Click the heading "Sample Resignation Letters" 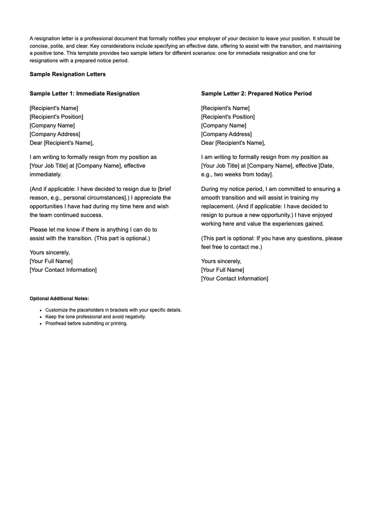[x=67, y=74]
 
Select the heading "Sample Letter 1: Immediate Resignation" [x=85, y=93]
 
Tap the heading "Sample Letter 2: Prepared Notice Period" [x=256, y=93]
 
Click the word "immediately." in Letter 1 [x=46, y=175]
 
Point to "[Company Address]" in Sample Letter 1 [x=55, y=134]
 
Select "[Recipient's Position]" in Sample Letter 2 [x=228, y=117]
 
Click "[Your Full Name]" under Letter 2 [x=223, y=270]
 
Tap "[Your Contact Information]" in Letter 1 [x=63, y=270]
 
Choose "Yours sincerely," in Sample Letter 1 [x=50, y=252]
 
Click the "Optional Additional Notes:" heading [x=59, y=298]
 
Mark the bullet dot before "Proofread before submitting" [x=41, y=324]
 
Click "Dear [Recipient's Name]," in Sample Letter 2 [x=233, y=143]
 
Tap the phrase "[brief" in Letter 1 [x=164, y=189]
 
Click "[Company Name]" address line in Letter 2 [x=223, y=125]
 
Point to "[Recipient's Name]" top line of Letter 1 [x=54, y=108]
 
